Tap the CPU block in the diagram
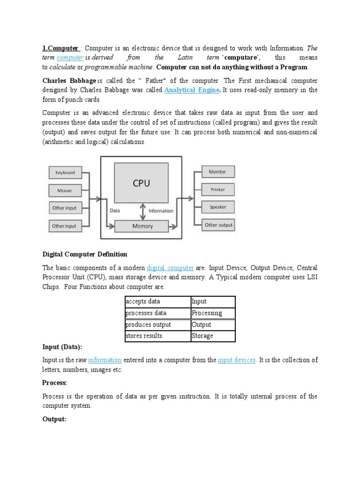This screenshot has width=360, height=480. (x=142, y=183)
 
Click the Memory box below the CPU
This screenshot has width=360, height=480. (x=142, y=226)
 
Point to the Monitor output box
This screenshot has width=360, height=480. (x=217, y=172)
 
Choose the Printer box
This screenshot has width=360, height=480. (x=217, y=189)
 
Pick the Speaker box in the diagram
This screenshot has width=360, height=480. (x=217, y=207)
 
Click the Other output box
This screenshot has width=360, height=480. (x=218, y=225)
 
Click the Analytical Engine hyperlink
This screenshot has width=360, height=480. (x=191, y=90)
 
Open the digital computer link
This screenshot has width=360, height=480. (x=170, y=268)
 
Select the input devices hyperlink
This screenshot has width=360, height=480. (x=237, y=360)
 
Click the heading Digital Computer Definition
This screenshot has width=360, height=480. (x=85, y=254)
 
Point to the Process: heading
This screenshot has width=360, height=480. (x=55, y=383)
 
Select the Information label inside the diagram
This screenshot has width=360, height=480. (x=161, y=211)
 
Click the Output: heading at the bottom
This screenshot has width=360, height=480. (x=55, y=419)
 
